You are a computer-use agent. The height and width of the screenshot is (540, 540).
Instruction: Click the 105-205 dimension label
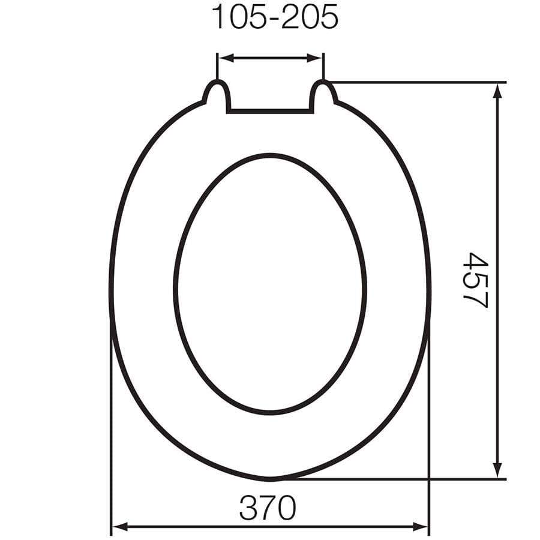pos(275,19)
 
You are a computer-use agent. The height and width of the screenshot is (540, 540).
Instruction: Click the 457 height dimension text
pos(476,280)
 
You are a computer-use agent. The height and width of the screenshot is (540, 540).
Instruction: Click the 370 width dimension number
pos(268,509)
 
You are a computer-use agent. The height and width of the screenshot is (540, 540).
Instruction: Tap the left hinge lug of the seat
pos(217,94)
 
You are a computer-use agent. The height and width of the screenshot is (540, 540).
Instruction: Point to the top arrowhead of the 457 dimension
pos(497,90)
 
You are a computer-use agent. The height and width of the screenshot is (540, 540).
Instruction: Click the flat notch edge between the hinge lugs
pos(270,111)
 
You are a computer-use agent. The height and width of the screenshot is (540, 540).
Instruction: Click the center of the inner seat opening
pos(270,283)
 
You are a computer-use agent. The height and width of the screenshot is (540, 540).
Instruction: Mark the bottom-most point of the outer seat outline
pos(270,479)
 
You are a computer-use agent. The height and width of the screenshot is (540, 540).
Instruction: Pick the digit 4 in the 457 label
pos(476,262)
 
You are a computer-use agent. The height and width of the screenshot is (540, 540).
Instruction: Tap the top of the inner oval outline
pos(270,155)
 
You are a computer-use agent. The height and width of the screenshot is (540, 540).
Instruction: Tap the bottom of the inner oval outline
pos(270,413)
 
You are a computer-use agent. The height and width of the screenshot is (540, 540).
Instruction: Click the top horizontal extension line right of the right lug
pos(420,82)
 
